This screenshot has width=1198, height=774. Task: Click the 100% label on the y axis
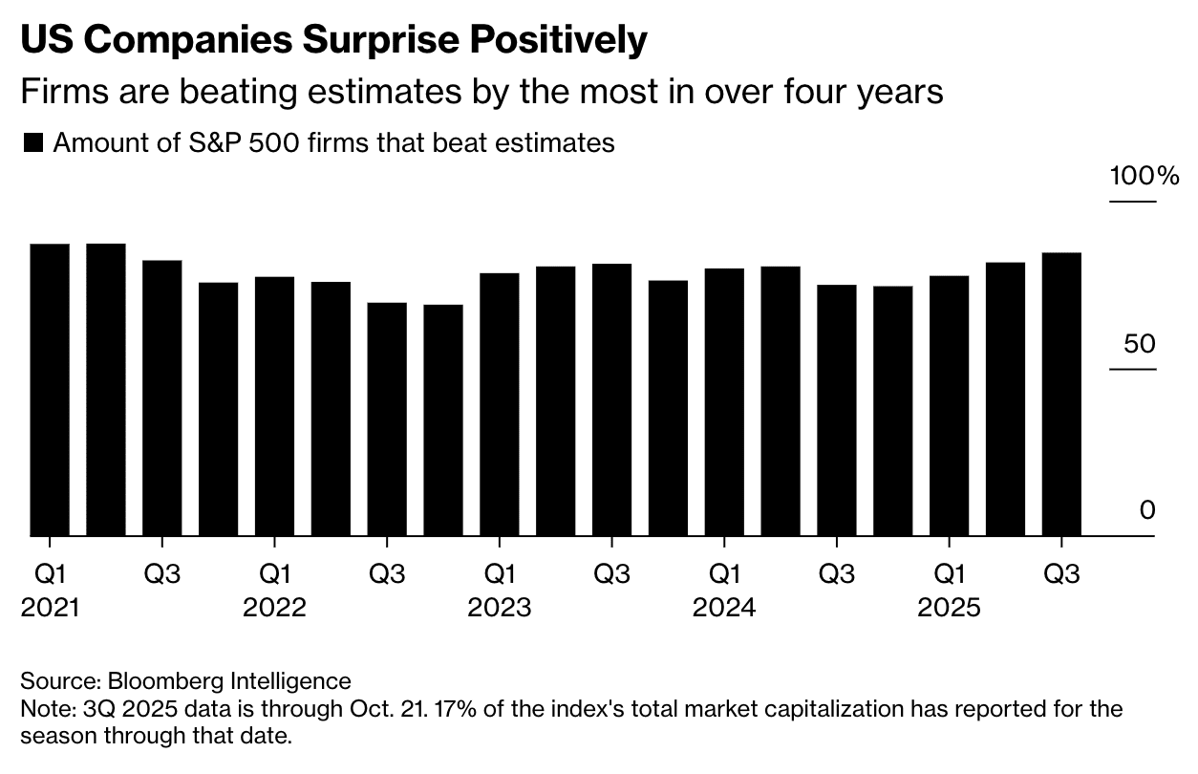[1145, 177]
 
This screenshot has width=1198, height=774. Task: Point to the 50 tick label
[1139, 344]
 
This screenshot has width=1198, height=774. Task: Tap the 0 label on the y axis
[1146, 511]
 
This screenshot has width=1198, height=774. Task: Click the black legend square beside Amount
[33, 143]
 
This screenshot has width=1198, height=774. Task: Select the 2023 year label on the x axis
[499, 608]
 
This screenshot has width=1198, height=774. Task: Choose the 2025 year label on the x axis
[949, 608]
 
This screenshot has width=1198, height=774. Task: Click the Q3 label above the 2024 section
[837, 574]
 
